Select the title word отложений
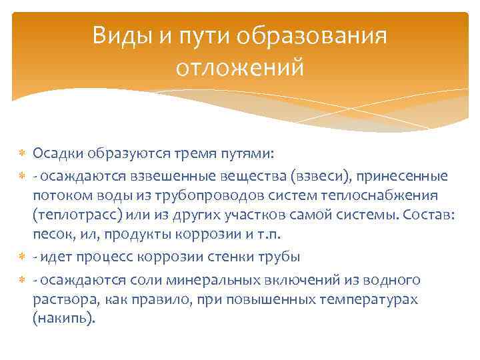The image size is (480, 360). pyautogui.click(x=240, y=67)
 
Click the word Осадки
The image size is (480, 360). pyautogui.click(x=55, y=155)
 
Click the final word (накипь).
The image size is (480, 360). pyautogui.click(x=63, y=319)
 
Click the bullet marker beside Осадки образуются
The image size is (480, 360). pyautogui.click(x=21, y=155)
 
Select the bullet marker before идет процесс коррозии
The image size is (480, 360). pyautogui.click(x=21, y=257)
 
